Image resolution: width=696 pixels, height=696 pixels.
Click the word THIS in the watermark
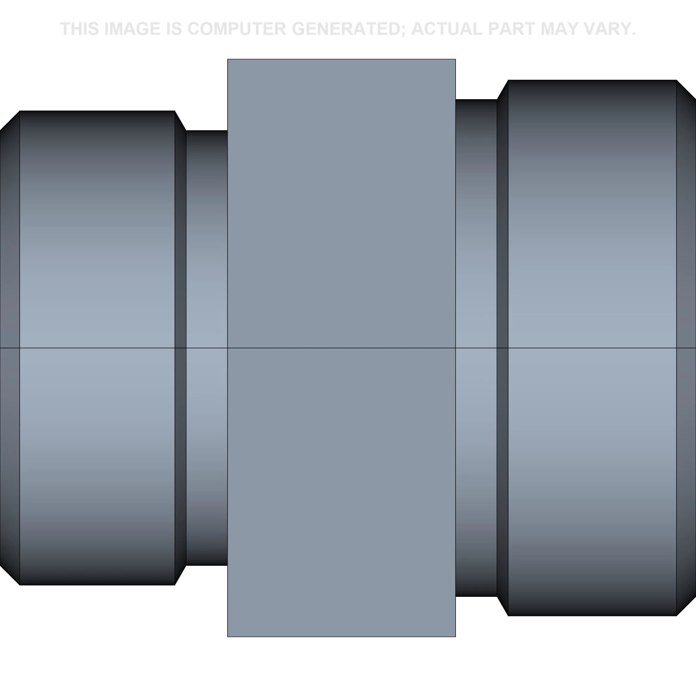tap(80, 29)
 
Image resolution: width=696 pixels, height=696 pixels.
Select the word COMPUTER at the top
tap(228, 29)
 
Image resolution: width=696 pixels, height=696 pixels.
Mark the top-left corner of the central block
tap(228, 60)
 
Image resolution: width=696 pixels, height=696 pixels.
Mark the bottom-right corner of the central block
tap(455, 636)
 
